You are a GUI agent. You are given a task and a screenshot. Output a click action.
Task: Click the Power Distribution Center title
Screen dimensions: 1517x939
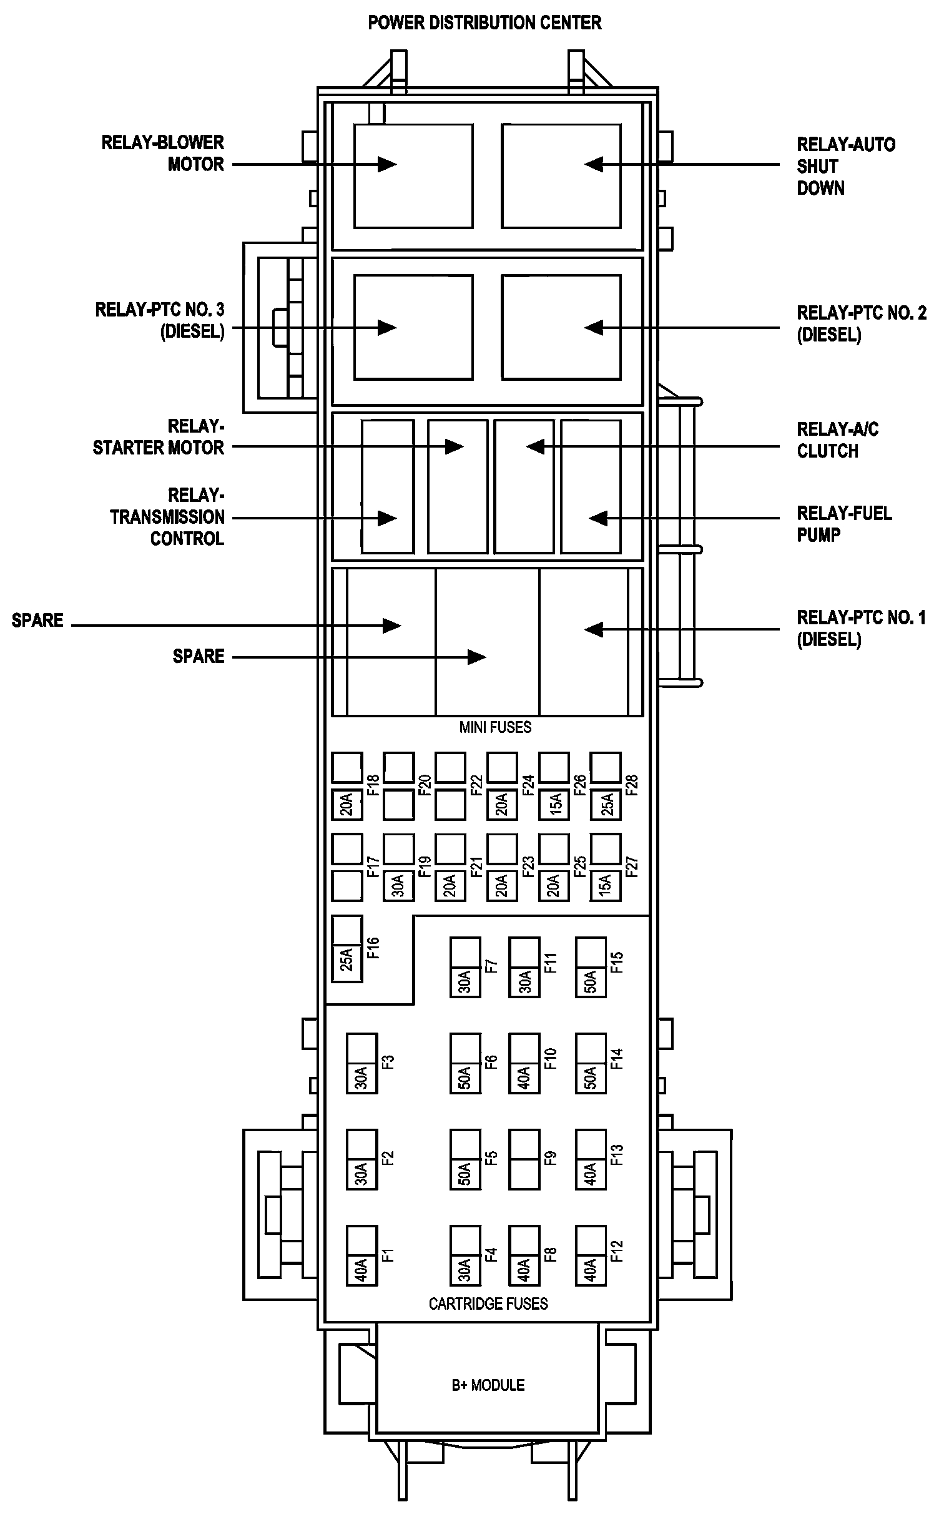(x=484, y=23)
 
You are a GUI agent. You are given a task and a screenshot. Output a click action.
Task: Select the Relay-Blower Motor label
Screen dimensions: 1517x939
(x=163, y=154)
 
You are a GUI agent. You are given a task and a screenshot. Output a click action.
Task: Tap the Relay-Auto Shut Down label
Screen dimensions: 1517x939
(x=845, y=166)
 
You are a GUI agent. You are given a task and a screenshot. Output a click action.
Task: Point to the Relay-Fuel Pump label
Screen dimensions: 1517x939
(x=843, y=524)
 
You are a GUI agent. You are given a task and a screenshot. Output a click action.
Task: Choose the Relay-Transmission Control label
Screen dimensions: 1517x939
(x=167, y=517)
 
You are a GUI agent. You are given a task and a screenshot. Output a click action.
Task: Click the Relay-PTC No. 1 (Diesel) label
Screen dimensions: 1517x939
(x=861, y=629)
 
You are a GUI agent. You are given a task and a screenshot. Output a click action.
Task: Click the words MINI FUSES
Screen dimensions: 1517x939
(x=495, y=727)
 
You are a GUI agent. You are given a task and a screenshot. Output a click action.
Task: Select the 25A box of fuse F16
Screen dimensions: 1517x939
(x=347, y=959)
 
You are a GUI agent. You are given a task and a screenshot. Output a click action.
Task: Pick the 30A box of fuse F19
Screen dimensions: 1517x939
(x=398, y=885)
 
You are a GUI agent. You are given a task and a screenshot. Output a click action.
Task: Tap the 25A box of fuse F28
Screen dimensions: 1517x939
(x=606, y=804)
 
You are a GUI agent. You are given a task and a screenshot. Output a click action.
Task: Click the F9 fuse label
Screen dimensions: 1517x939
(x=550, y=1158)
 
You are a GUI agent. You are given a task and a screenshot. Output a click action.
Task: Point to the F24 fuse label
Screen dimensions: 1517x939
(x=528, y=785)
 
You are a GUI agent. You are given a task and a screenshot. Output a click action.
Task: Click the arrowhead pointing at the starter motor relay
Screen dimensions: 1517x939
(x=454, y=446)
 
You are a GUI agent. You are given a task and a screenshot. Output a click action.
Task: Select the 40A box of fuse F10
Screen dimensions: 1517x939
(x=524, y=1078)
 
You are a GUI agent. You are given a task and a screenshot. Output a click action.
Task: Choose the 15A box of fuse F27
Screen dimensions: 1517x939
(x=606, y=885)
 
